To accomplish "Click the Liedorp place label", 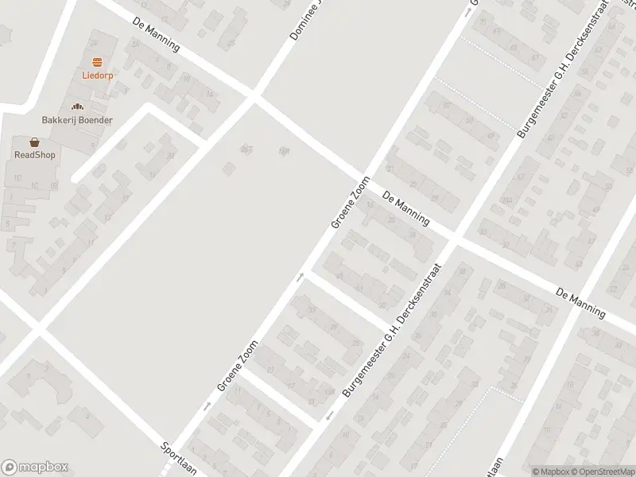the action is click(x=98, y=76).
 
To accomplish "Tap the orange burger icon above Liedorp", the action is click(x=98, y=62).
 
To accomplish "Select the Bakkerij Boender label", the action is click(x=77, y=120).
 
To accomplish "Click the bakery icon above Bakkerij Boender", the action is click(x=77, y=107).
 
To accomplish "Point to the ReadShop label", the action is click(x=34, y=155).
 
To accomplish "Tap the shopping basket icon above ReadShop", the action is click(x=34, y=142).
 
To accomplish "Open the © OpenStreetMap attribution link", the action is click(x=602, y=471).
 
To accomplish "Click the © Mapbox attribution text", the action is click(x=550, y=471).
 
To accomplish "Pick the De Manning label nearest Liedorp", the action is click(x=157, y=36).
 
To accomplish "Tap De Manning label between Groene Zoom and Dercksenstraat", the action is click(x=405, y=207).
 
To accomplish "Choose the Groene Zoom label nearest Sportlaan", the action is click(x=238, y=365).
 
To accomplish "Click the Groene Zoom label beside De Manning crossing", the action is click(x=351, y=204).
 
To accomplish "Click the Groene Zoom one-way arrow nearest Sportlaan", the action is click(x=207, y=406).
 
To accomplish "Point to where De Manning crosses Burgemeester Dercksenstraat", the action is click(x=453, y=238).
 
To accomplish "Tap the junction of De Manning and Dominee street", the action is click(x=254, y=97).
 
